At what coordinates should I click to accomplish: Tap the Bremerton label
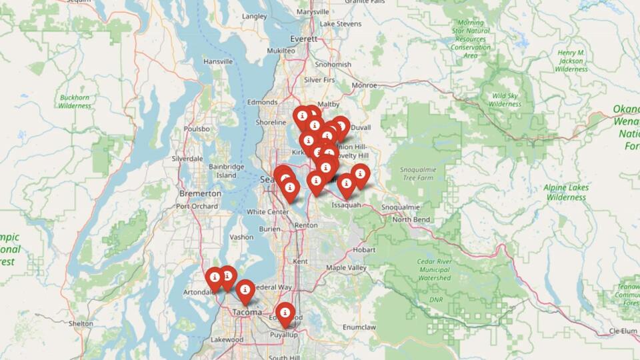coord(200,193)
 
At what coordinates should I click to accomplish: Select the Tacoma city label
coord(246,312)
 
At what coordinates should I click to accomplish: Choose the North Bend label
coord(411,219)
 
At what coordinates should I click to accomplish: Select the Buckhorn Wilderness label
coord(74,101)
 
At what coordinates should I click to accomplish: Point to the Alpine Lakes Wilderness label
coord(566,193)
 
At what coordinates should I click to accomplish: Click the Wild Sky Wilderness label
coord(505,100)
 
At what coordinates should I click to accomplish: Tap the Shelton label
coord(81,323)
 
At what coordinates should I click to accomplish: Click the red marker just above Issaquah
coord(346,185)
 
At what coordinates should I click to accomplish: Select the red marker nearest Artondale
coord(215,278)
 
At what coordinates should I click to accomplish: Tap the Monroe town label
coord(364,85)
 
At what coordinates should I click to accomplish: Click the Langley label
coord(255,16)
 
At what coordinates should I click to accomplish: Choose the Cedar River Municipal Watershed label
coord(433,270)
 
